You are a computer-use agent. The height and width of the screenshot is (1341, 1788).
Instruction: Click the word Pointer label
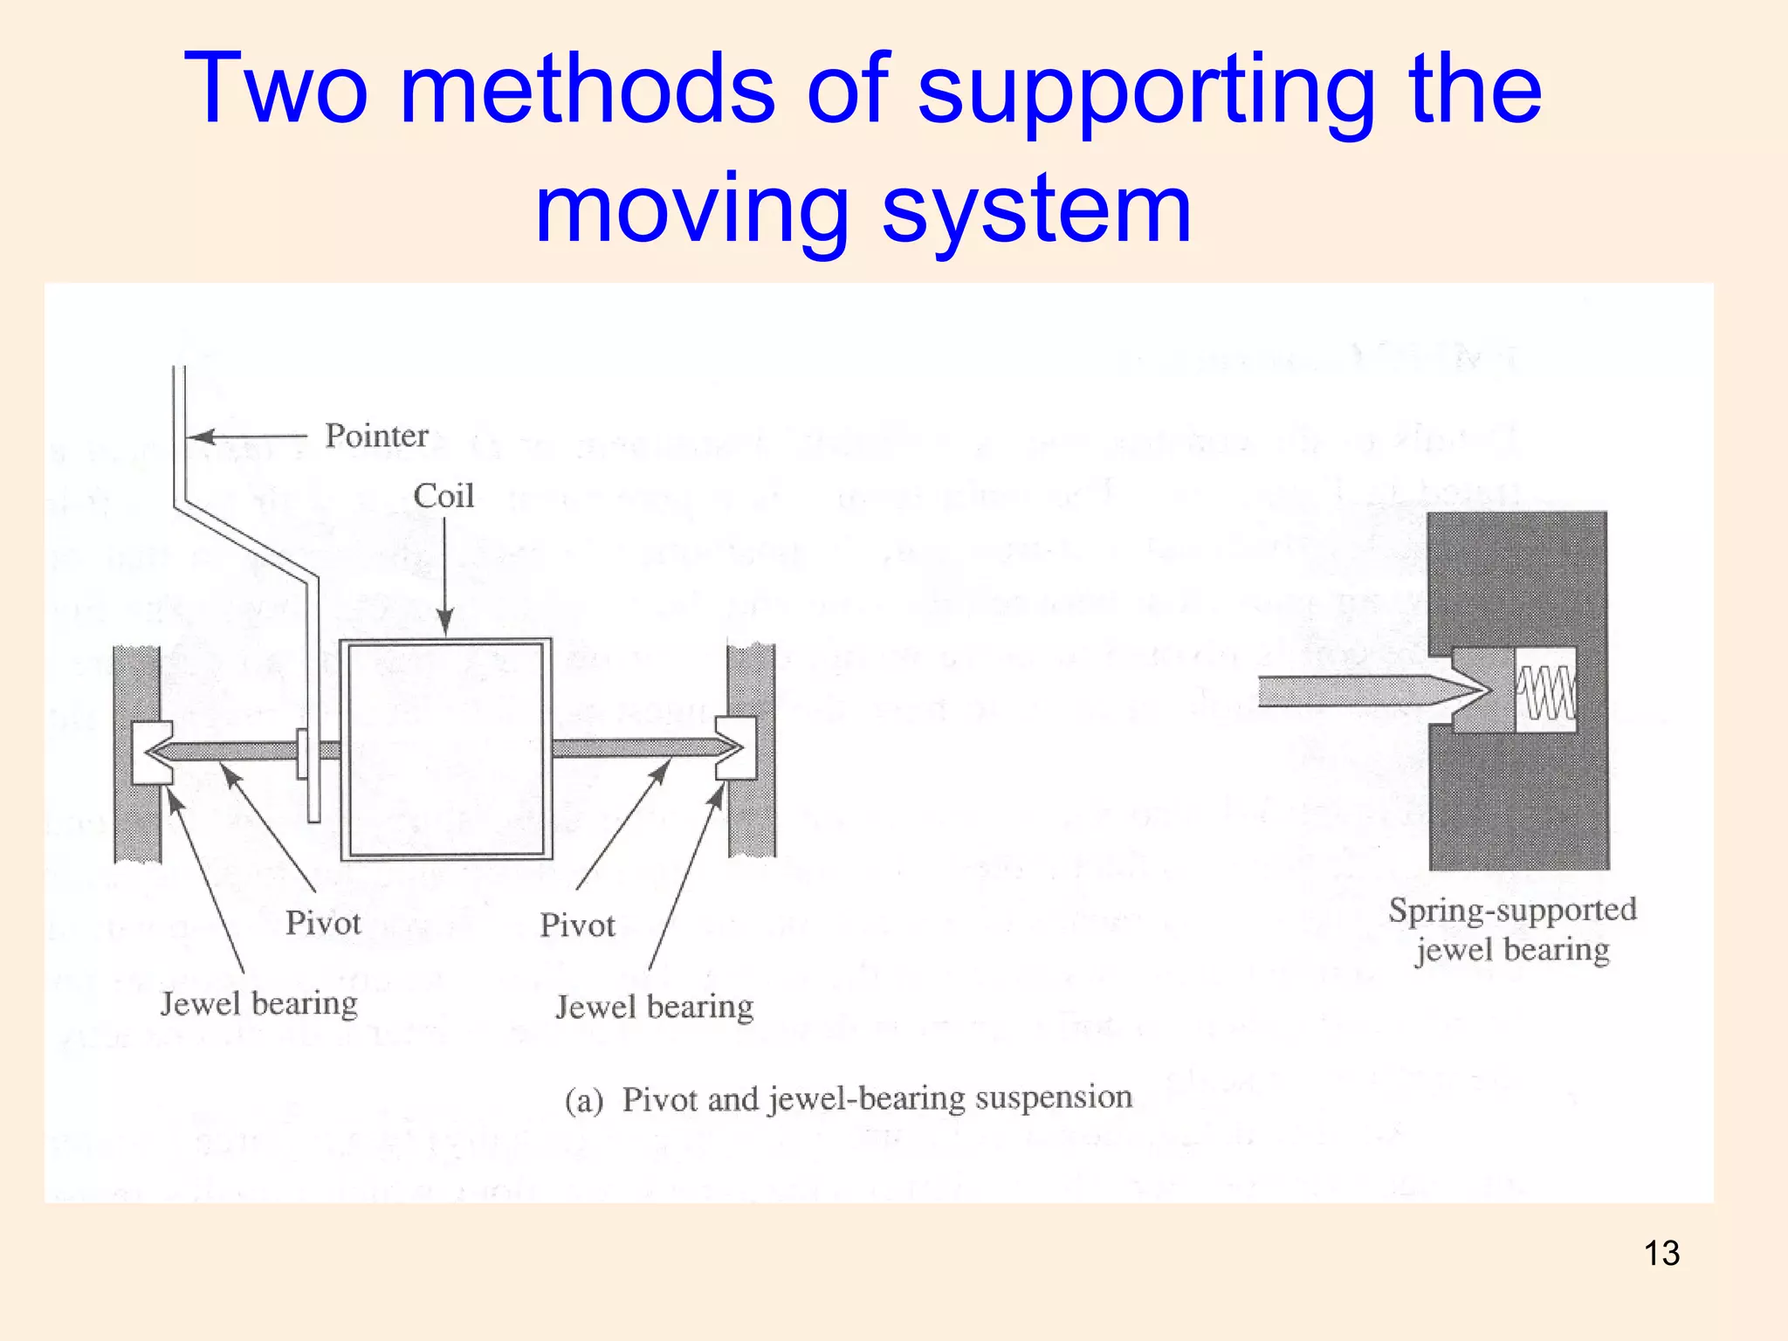point(376,436)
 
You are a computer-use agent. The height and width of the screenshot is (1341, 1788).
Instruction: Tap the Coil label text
point(444,496)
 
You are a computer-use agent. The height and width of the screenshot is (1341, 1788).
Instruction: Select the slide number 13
point(1661,1254)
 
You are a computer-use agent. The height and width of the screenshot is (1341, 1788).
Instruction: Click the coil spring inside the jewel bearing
point(1546,690)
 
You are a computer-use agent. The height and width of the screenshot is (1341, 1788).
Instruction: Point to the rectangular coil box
point(446,749)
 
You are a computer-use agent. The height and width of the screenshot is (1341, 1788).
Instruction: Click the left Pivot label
point(323,923)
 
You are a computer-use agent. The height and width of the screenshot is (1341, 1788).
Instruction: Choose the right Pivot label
point(577,925)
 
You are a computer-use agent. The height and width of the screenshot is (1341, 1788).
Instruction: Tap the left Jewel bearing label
point(259,1003)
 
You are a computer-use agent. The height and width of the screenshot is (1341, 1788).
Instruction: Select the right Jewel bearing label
point(655,1007)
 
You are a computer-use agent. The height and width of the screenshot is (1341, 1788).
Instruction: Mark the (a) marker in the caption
point(584,1100)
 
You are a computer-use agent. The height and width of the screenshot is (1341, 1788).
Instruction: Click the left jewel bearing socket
point(150,752)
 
